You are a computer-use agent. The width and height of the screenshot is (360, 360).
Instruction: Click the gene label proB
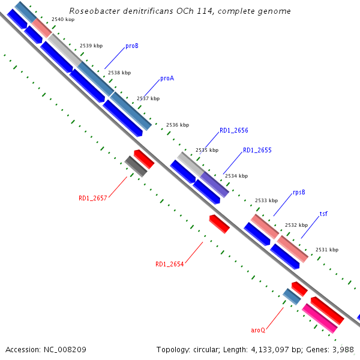click(132, 46)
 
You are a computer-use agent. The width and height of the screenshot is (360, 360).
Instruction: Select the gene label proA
click(167, 79)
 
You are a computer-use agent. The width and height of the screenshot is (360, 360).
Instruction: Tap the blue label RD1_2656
click(233, 130)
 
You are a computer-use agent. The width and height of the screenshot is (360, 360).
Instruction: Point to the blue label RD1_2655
click(257, 150)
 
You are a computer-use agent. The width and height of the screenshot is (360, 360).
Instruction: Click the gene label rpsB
click(299, 193)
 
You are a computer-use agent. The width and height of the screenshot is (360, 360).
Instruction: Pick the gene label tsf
click(323, 214)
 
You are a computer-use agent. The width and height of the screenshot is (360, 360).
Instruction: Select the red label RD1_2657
click(92, 198)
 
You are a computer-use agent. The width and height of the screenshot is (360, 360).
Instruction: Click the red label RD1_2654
click(169, 264)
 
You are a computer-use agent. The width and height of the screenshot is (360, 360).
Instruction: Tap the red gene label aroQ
click(258, 330)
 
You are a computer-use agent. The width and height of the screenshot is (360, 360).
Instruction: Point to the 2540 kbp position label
click(62, 20)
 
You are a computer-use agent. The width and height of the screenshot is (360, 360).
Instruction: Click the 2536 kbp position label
click(177, 125)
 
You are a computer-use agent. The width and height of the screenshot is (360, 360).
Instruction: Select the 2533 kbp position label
click(266, 200)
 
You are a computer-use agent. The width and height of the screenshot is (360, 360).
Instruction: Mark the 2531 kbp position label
click(326, 250)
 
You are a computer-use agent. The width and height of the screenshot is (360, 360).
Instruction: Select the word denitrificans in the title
click(142, 11)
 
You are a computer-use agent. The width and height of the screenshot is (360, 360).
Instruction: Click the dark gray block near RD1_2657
click(136, 166)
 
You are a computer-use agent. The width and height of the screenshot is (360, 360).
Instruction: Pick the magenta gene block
click(320, 318)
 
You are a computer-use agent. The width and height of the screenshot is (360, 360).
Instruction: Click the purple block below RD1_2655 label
click(215, 184)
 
